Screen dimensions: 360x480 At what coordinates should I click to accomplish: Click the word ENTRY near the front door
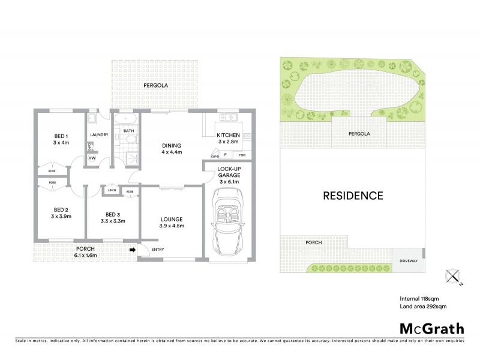pos(158,250)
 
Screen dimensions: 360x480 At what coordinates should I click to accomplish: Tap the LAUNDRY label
pos(98,135)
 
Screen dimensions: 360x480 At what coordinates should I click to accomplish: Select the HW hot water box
pos(92,158)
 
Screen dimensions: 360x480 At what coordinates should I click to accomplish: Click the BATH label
pos(128,131)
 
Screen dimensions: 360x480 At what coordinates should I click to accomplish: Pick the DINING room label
pos(172,149)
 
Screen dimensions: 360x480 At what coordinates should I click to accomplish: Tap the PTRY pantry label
pos(250,156)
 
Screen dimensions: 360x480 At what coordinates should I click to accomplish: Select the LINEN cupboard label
pos(112,191)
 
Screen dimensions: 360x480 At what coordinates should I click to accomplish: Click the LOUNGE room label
pos(172,223)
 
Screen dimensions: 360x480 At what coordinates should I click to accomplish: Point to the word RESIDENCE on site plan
pos(353,195)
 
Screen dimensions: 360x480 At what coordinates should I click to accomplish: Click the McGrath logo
pos(431,329)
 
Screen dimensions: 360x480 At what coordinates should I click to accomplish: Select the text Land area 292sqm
pos(423,307)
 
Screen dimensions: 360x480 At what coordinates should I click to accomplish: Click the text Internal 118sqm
pos(421,298)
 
